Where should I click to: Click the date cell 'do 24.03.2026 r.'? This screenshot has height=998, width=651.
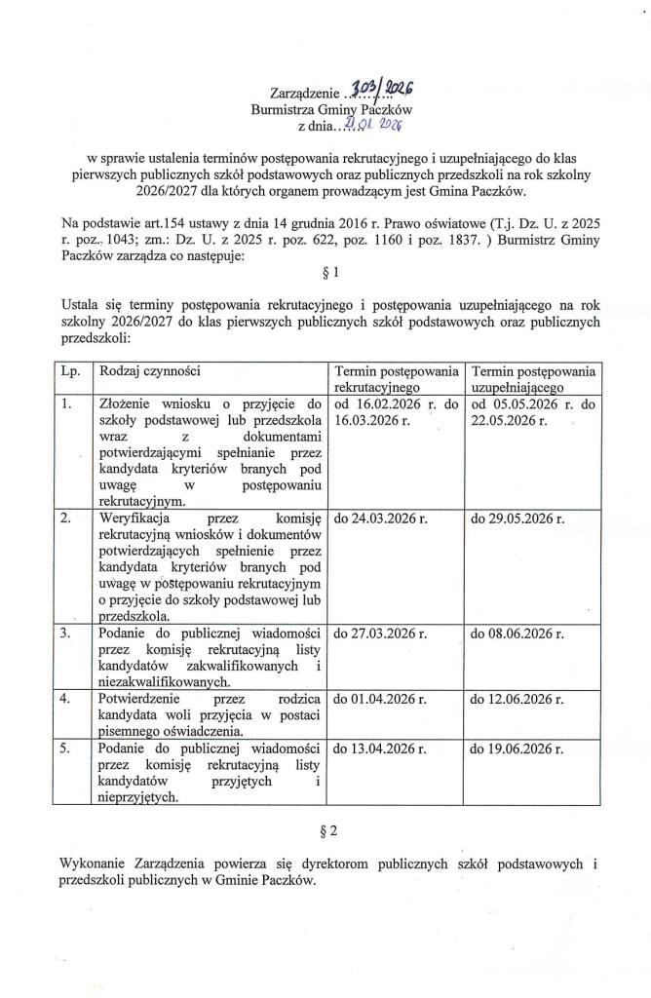click(381, 519)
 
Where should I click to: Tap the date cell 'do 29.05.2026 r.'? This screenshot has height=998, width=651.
click(517, 519)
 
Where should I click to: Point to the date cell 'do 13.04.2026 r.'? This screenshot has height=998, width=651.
click(381, 749)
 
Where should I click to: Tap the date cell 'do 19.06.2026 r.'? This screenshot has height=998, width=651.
click(517, 749)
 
